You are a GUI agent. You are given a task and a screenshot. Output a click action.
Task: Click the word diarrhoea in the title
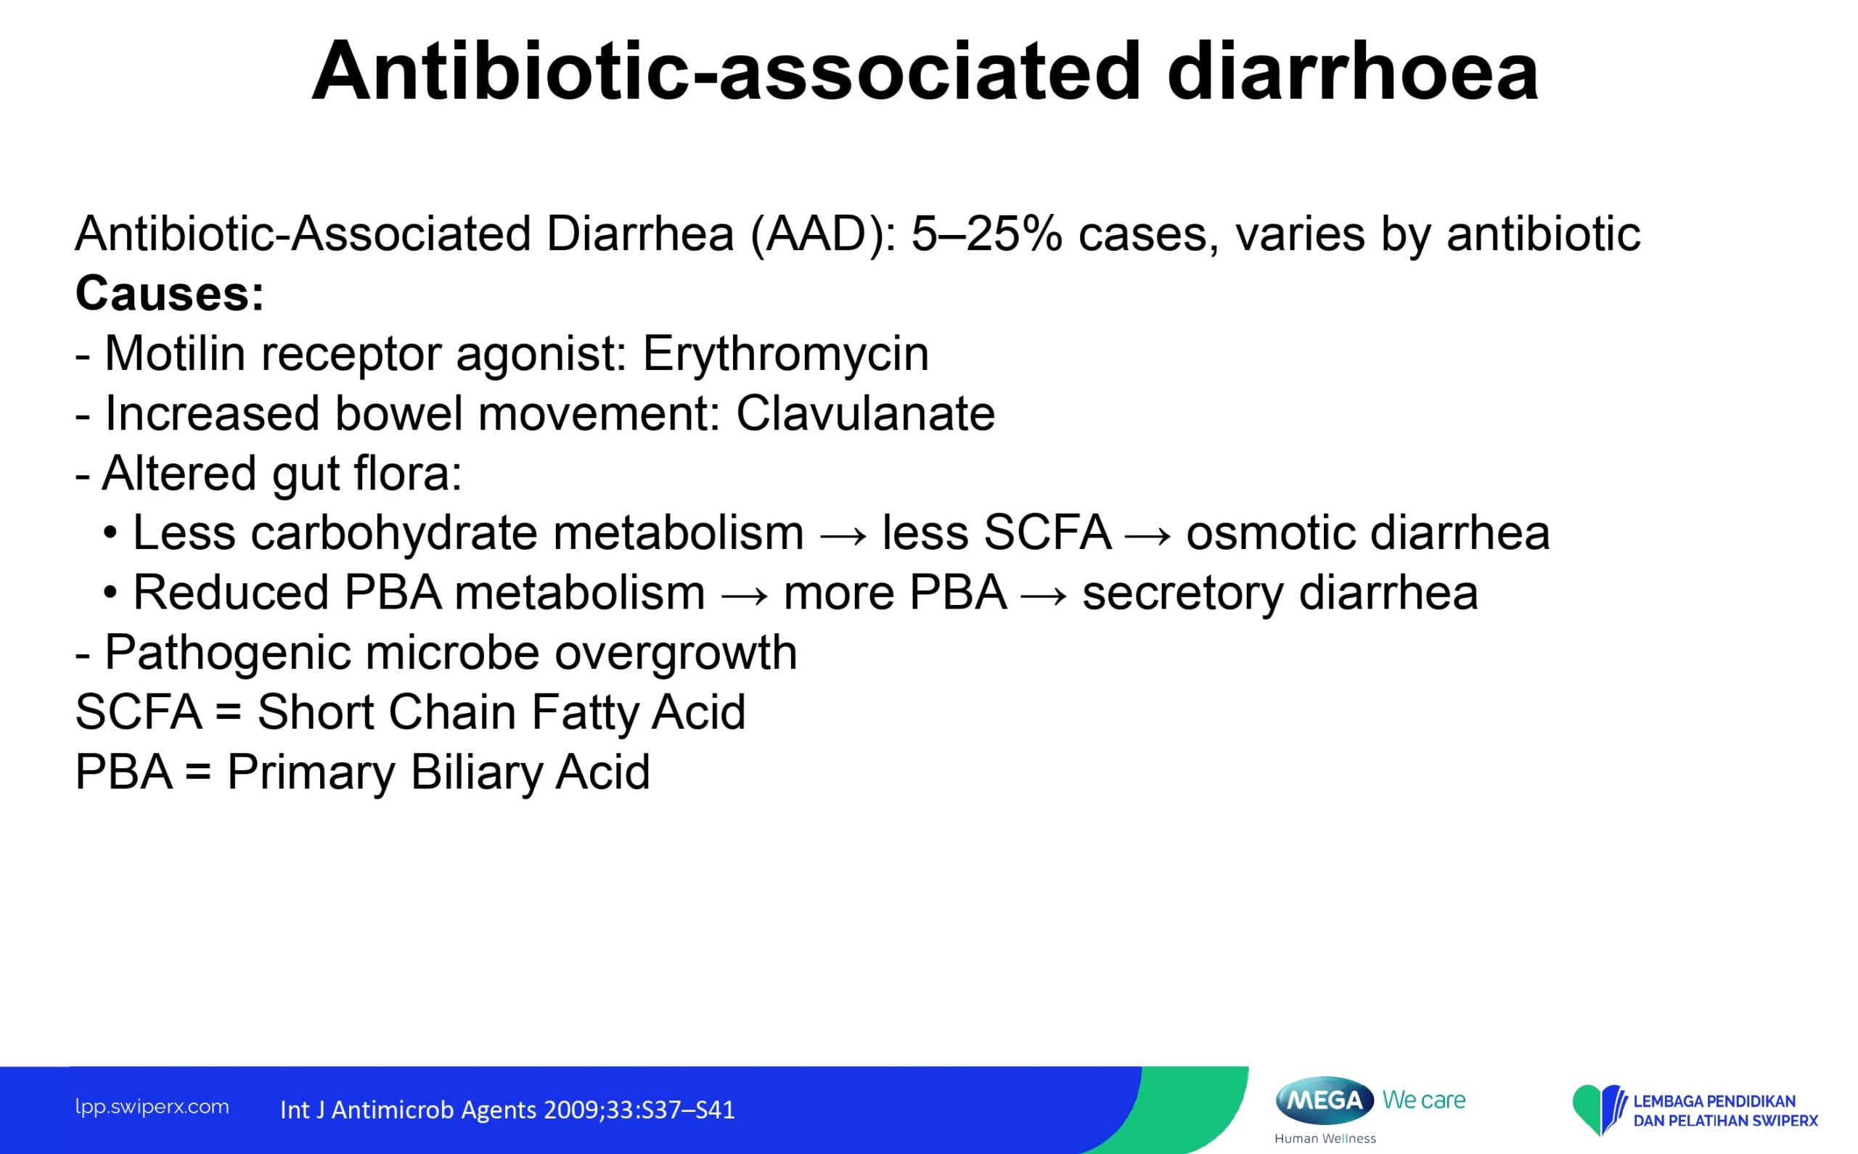click(x=1352, y=70)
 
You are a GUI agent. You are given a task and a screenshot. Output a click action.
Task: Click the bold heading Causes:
click(x=170, y=293)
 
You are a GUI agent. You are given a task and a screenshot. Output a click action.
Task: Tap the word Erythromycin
click(x=786, y=355)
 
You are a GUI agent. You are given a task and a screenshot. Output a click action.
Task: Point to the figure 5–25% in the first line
click(x=986, y=234)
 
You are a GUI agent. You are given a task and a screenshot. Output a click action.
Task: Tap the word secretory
click(x=1183, y=594)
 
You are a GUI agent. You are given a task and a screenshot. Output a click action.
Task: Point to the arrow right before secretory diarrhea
click(x=1044, y=595)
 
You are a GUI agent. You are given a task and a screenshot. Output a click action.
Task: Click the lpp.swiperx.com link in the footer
click(x=152, y=1107)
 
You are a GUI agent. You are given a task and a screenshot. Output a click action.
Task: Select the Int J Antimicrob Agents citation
click(x=507, y=1110)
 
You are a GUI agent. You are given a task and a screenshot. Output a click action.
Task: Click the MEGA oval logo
click(x=1325, y=1100)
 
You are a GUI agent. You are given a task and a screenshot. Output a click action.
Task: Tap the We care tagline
click(x=1423, y=1100)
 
